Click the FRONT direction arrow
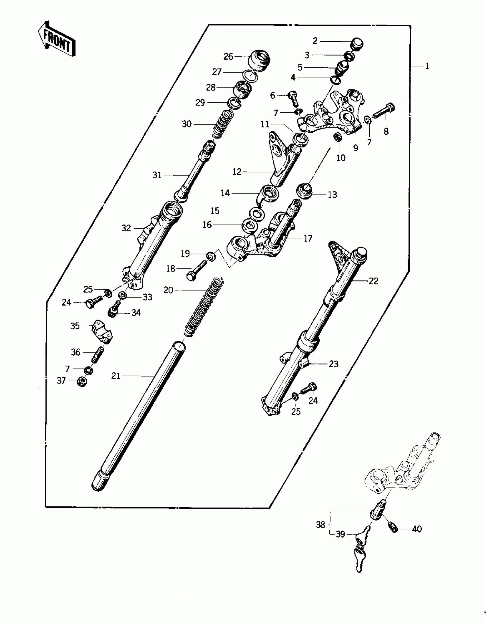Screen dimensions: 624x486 click(x=57, y=40)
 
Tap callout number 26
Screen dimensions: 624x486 click(x=228, y=57)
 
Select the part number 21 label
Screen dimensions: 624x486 click(x=116, y=376)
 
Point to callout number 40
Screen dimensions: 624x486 click(x=417, y=529)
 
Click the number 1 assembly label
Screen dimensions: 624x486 click(x=427, y=66)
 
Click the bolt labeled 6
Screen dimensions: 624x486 click(x=293, y=98)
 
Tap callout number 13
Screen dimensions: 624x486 click(x=332, y=195)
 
